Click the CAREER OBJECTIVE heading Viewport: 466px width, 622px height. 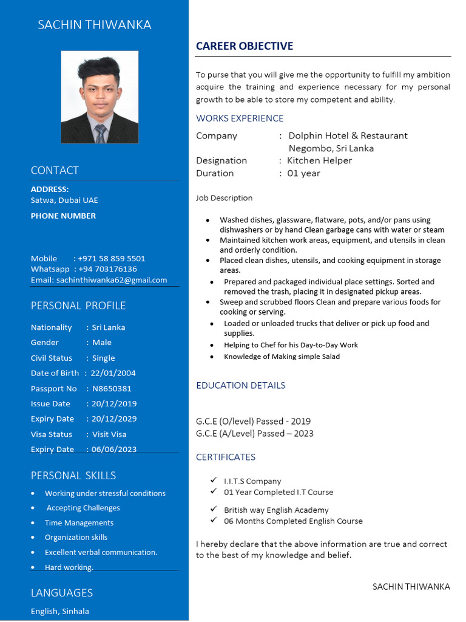[245, 46]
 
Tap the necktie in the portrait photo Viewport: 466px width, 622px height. [100, 133]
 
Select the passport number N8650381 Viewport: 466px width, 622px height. [112, 389]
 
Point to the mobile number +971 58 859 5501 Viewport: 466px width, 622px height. [112, 259]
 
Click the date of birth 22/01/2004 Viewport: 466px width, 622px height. [113, 373]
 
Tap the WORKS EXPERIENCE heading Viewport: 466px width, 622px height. [240, 118]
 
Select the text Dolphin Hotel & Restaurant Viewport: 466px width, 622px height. [348, 135]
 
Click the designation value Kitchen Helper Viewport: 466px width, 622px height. [319, 160]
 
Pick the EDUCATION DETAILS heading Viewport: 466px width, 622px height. [240, 385]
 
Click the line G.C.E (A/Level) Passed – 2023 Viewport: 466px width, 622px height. [255, 434]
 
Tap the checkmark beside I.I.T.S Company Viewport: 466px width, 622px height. [214, 480]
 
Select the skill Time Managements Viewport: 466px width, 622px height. [79, 523]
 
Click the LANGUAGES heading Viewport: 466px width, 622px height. [62, 593]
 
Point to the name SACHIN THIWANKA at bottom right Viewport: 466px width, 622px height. [411, 587]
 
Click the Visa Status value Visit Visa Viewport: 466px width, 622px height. [109, 434]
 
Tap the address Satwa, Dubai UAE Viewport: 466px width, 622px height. [64, 200]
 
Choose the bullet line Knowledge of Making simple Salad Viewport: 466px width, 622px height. [282, 357]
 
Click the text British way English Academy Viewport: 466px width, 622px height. [276, 510]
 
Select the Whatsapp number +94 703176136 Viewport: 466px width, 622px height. [107, 269]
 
